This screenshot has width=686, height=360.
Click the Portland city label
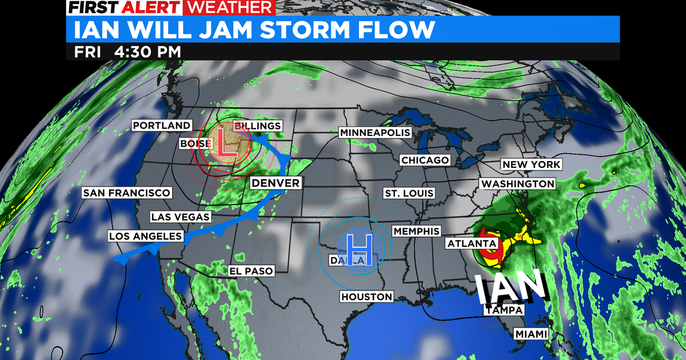(x=161, y=125)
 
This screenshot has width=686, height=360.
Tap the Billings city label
(x=258, y=126)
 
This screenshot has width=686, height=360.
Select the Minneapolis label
(x=375, y=133)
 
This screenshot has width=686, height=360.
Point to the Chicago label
(x=425, y=160)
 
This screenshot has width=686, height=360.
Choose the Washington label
(x=518, y=184)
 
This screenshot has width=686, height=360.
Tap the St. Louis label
(x=409, y=193)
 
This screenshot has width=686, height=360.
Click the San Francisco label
(x=126, y=193)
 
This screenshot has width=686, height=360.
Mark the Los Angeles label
(x=146, y=236)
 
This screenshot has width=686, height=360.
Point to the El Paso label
(x=251, y=270)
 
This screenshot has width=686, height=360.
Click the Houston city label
(x=366, y=297)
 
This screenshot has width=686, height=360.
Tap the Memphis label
(x=416, y=231)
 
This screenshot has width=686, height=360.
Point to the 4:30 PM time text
(x=148, y=52)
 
